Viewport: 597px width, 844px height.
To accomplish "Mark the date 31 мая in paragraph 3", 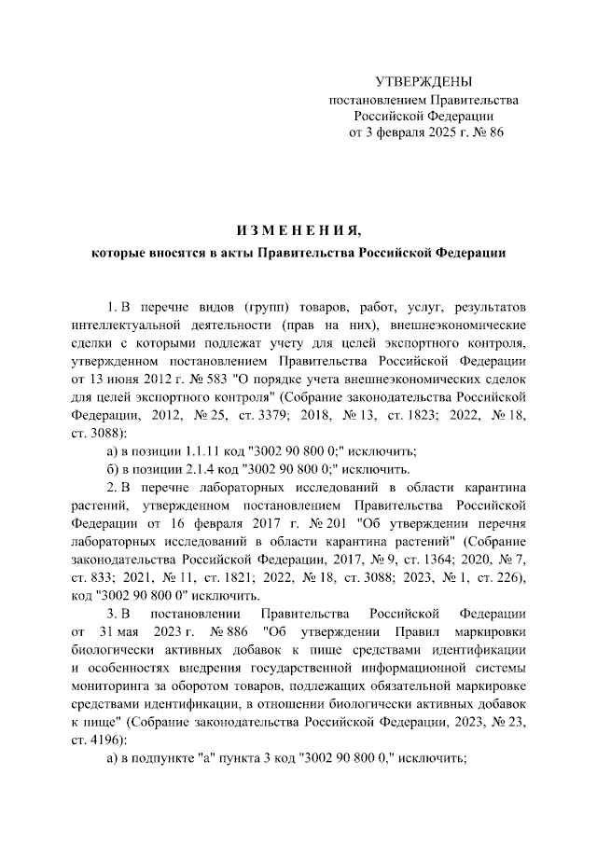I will [120, 630].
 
